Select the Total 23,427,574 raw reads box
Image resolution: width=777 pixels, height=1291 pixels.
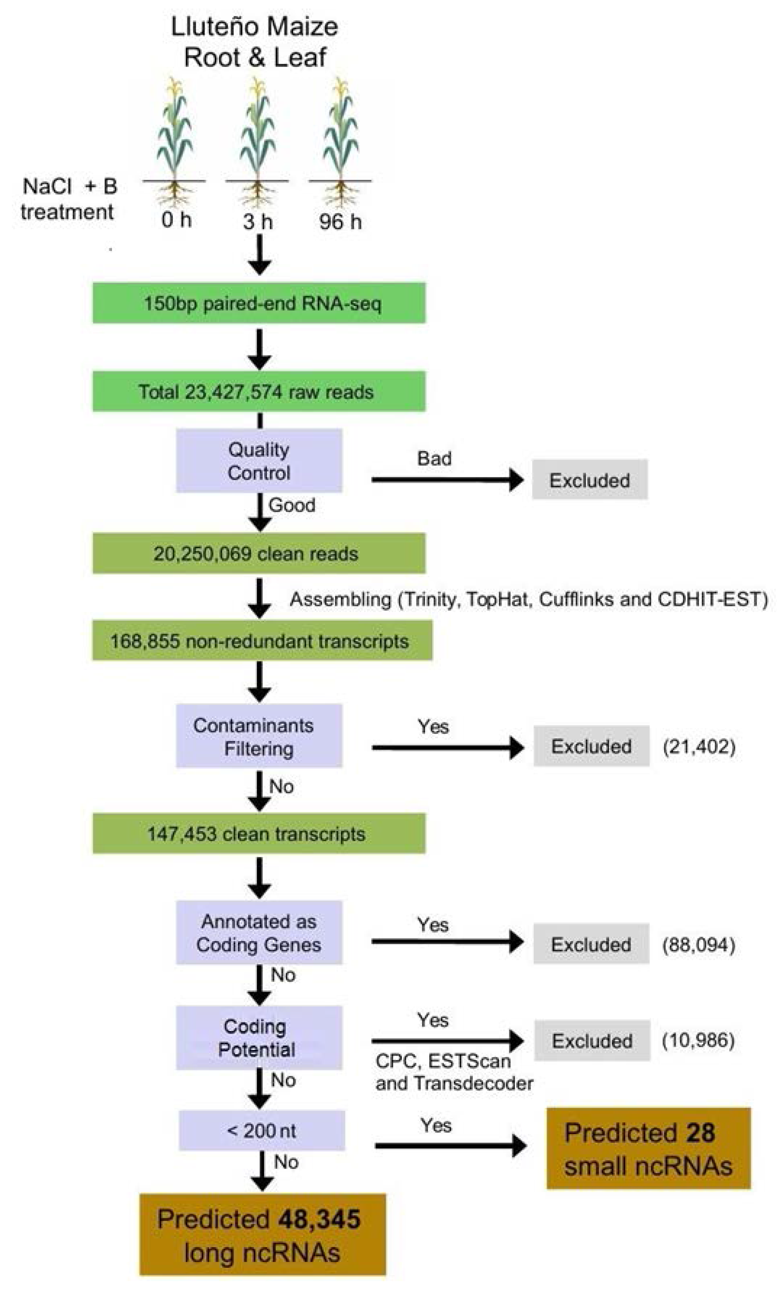coord(259,392)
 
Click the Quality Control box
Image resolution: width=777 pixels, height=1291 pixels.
coord(259,461)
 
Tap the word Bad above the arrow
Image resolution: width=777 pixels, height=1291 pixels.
coord(434,458)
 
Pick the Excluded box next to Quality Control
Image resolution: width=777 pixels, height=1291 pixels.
coord(590,480)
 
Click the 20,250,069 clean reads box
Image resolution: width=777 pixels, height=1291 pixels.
coord(259,554)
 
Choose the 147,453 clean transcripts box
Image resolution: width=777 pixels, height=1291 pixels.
coord(259,834)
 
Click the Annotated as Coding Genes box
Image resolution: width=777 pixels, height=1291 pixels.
coord(259,933)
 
